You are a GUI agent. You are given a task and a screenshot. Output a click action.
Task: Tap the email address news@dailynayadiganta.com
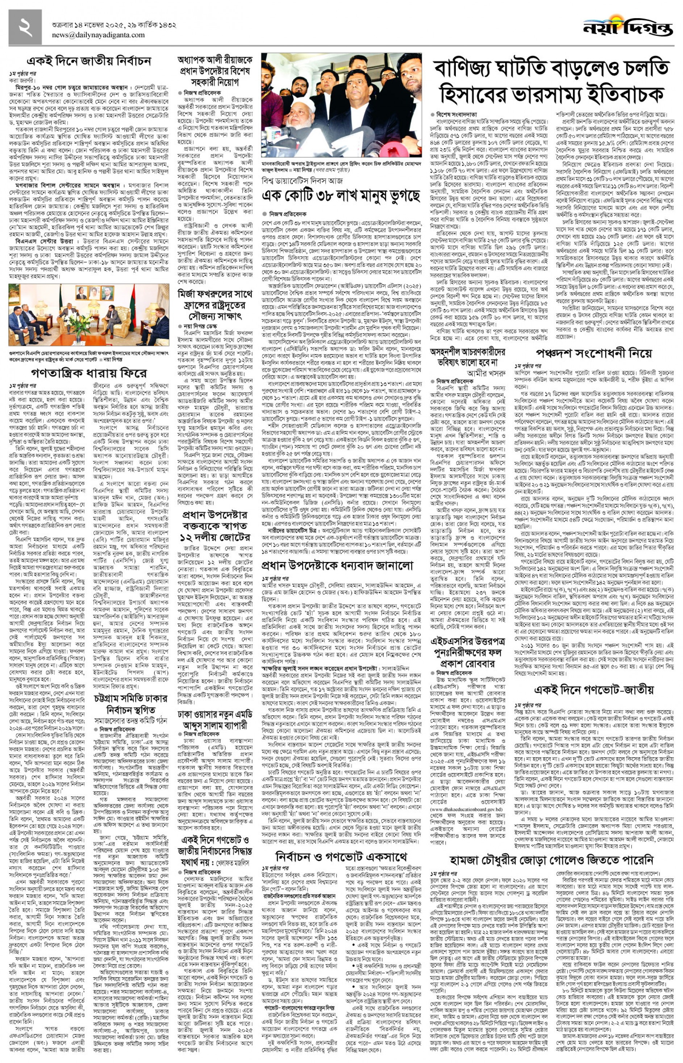[98, 35]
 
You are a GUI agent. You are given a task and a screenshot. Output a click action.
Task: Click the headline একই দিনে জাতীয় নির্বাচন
[89, 61]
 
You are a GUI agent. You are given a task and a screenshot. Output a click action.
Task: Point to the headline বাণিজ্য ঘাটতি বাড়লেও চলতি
[551, 69]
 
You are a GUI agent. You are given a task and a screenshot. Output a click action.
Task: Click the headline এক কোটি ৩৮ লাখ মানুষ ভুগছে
[340, 196]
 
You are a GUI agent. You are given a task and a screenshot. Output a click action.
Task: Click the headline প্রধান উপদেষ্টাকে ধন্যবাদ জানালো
[337, 566]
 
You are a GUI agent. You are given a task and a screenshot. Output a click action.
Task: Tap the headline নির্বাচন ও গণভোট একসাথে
[341, 857]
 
